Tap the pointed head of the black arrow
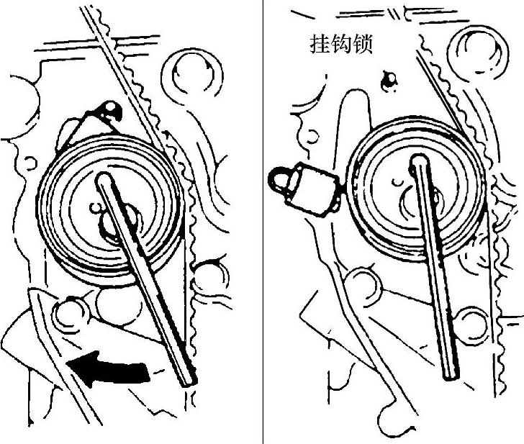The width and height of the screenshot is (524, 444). coord(72,365)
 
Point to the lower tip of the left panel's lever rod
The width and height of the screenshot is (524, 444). coord(189,381)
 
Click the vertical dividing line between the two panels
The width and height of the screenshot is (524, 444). coord(263,216)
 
